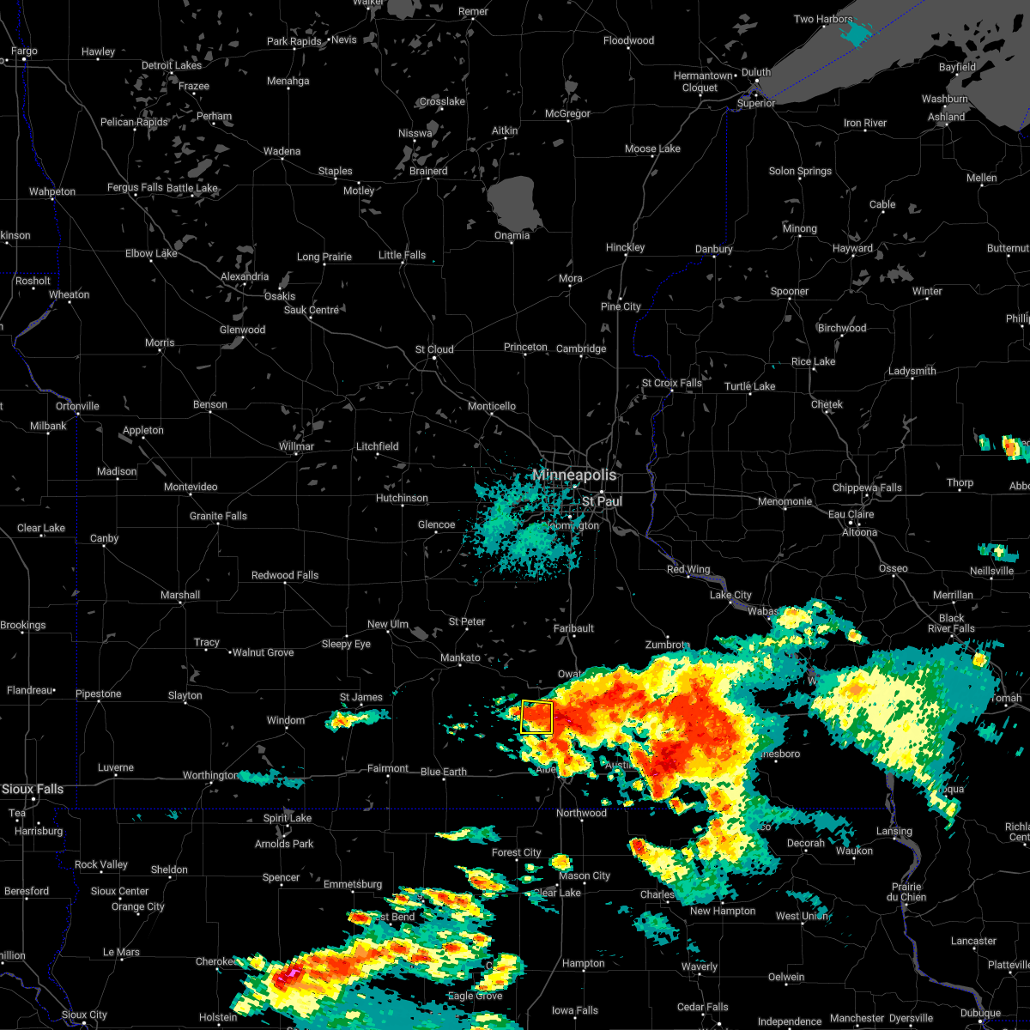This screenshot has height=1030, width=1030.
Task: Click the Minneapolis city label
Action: point(574,475)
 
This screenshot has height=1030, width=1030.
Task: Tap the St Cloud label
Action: point(434,350)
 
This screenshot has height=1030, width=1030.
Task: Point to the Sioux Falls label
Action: point(33,789)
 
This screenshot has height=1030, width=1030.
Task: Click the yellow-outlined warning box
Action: point(536,717)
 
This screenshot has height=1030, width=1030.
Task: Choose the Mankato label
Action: point(460,658)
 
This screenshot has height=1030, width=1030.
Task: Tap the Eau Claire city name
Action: point(851,514)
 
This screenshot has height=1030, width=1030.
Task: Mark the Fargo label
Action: point(24,51)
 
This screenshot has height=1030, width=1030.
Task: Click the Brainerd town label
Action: point(428,171)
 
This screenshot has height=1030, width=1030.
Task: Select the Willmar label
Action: point(296,446)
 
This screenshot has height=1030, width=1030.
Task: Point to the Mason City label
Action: point(585,876)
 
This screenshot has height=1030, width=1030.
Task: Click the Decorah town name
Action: point(805,843)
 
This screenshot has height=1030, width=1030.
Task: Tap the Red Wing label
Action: point(688,570)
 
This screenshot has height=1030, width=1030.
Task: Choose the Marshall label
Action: point(180,595)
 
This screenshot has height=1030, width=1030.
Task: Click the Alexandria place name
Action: point(245,277)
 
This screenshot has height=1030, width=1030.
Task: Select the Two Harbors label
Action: point(823,20)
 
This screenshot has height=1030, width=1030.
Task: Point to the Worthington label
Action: point(210,776)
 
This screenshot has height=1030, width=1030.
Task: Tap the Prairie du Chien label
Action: point(907,892)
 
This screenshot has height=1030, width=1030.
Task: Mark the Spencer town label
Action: point(281,878)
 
